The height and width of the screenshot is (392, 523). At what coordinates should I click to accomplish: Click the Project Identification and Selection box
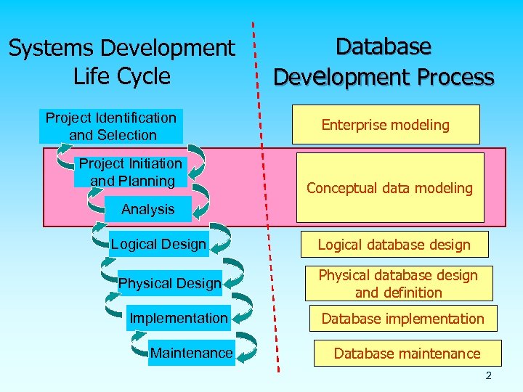(x=110, y=126)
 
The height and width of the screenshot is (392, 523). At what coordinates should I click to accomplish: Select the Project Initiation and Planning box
(x=131, y=173)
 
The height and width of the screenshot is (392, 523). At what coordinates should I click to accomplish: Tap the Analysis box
(x=147, y=209)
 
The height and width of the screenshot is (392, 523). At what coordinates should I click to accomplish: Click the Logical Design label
(x=158, y=244)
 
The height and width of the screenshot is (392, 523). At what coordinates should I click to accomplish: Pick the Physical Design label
(x=169, y=283)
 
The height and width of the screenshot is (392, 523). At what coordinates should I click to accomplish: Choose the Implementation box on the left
(x=178, y=318)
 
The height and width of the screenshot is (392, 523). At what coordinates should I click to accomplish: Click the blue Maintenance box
(x=191, y=354)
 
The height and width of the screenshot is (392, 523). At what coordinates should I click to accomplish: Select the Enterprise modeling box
(x=385, y=125)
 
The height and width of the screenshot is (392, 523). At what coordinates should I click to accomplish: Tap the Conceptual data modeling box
(x=389, y=188)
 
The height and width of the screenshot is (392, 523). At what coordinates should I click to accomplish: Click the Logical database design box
(x=394, y=245)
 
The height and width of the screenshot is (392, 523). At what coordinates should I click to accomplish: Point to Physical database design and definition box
(x=398, y=284)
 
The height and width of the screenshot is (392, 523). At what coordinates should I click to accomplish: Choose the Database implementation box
(x=402, y=319)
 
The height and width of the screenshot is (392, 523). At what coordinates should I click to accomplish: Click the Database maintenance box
(x=407, y=354)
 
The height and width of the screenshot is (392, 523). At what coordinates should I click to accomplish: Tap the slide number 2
(x=488, y=375)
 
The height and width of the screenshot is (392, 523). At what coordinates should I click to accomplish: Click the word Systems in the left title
(x=51, y=49)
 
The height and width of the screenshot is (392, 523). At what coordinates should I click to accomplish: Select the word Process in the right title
(x=455, y=77)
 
